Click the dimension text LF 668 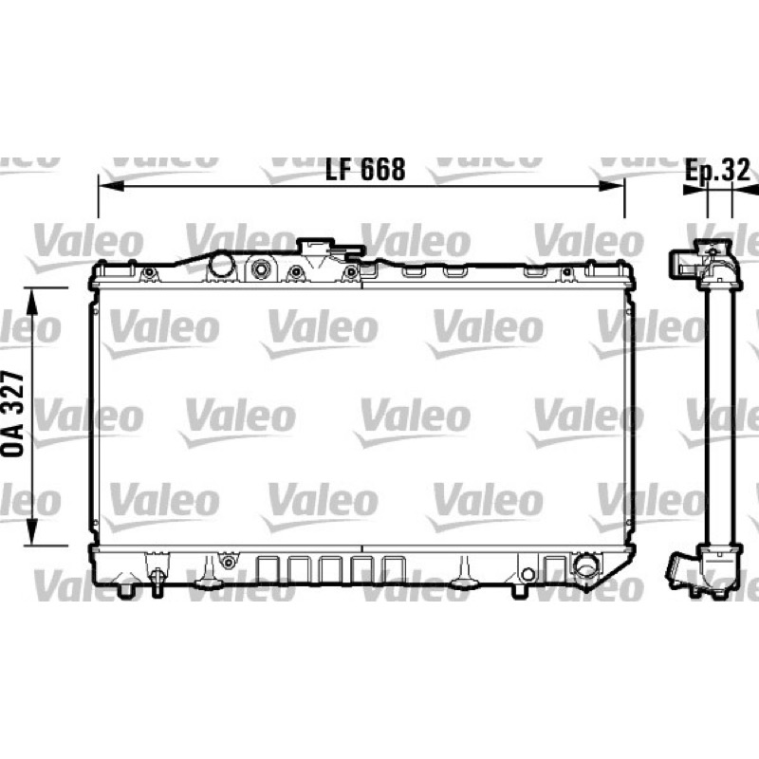click(365, 170)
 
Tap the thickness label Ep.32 click(717, 170)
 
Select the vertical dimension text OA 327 click(13, 415)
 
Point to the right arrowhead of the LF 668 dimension click(612, 186)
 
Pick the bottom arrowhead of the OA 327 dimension click(32, 532)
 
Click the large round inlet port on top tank click(222, 264)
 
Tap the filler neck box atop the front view click(315, 249)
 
